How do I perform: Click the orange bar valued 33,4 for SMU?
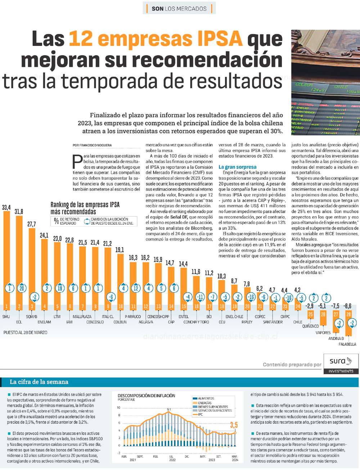coord(6,252)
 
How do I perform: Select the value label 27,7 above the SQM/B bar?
coord(32,224)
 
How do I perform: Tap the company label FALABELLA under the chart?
coord(347,344)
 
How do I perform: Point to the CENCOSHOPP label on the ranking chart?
coord(158,317)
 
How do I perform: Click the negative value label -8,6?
coord(347,306)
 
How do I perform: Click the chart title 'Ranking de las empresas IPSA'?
coord(85,205)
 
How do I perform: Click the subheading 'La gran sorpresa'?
coord(237,167)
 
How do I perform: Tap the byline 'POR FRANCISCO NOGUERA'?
coord(92,145)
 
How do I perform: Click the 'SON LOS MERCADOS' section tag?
coord(179,8)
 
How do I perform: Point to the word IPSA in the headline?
coord(220,39)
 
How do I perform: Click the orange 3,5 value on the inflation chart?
coord(234,425)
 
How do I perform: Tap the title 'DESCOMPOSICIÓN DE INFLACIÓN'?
coord(146,395)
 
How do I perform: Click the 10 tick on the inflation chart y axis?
coord(118,408)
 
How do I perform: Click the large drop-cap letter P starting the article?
coord(77,162)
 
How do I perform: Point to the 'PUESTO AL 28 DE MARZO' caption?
coord(25,332)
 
